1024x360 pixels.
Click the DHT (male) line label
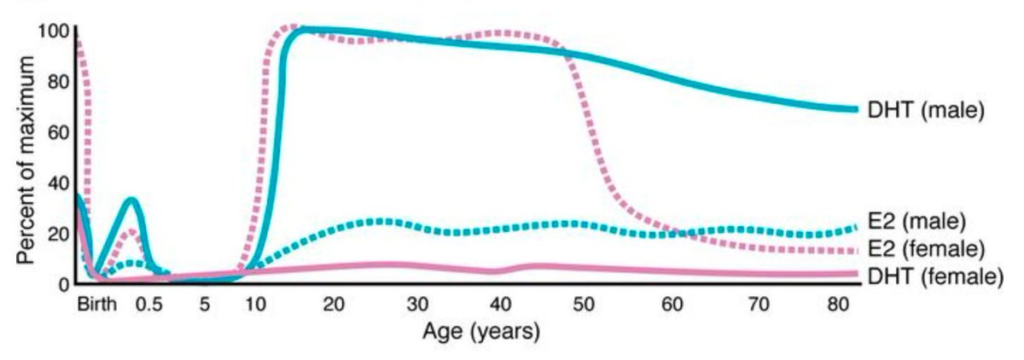(x=926, y=111)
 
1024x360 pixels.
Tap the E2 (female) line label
(x=924, y=248)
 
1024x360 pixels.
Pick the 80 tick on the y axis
(x=56, y=83)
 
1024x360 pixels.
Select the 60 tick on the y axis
(x=56, y=133)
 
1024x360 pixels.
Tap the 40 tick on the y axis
(x=56, y=183)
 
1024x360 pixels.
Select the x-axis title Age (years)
(x=481, y=331)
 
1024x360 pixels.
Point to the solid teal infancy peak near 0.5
(x=131, y=200)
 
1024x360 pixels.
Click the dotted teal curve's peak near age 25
(x=380, y=221)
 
